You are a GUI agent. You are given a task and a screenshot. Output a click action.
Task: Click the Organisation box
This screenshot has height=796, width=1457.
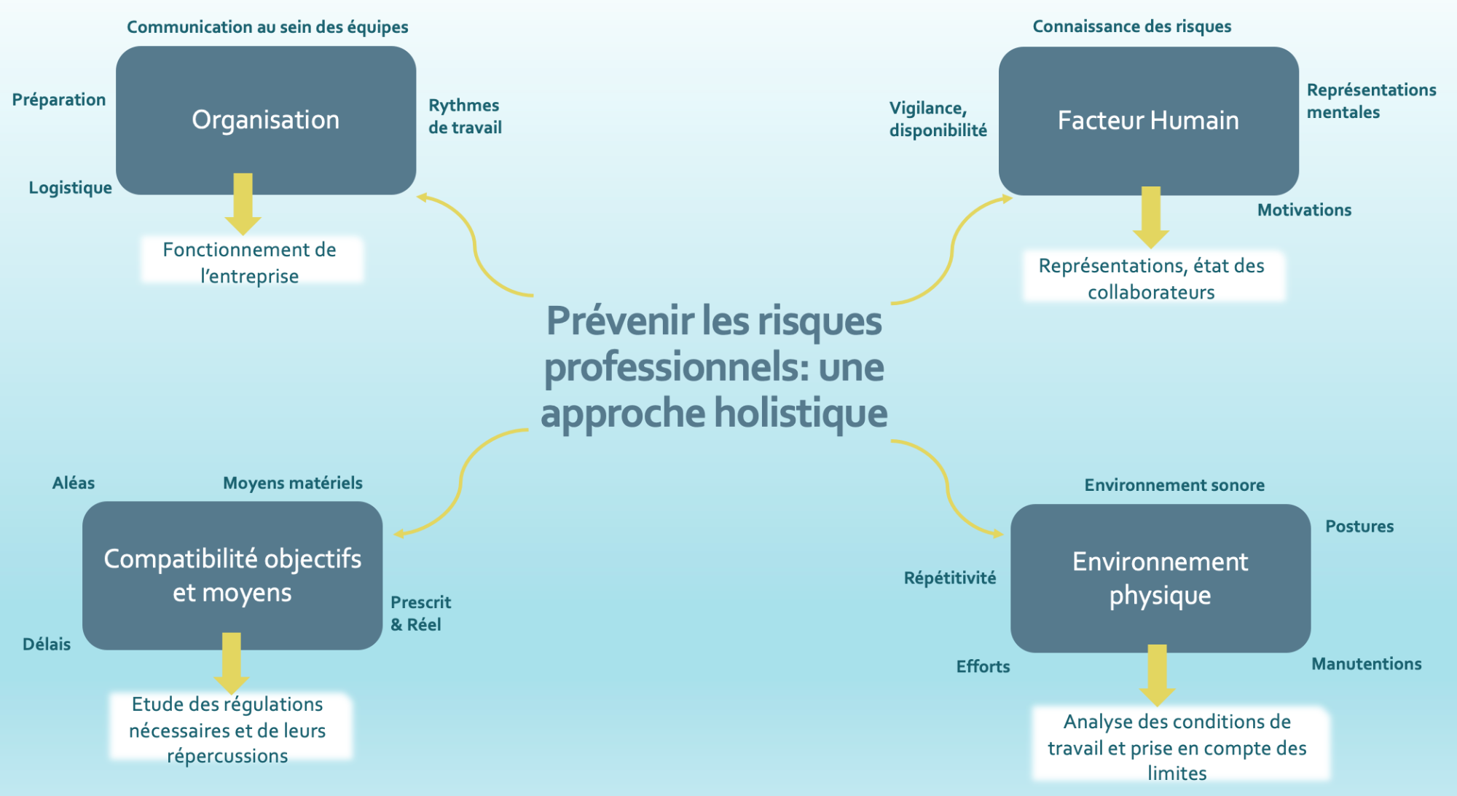[266, 120]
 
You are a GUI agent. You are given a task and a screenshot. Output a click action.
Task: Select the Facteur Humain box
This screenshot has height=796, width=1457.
[1148, 121]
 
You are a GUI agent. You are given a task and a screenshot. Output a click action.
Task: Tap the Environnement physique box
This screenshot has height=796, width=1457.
[1161, 578]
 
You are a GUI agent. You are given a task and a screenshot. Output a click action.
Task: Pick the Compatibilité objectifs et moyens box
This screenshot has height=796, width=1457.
[232, 575]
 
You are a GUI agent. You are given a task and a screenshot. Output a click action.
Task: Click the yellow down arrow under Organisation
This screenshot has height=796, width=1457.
[243, 204]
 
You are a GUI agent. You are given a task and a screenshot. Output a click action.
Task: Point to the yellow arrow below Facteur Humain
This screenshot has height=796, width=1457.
[1151, 218]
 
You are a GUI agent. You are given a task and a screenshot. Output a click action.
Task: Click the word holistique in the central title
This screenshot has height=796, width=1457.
[801, 413]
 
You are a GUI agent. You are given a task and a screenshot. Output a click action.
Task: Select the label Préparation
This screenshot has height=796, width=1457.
[59, 100]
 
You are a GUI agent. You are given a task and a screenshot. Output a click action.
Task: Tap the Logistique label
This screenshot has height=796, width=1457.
[71, 188]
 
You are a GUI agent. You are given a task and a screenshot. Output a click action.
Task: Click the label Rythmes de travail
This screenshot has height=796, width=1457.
[465, 117]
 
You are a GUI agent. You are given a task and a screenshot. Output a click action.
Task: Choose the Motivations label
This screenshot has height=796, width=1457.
[1304, 210]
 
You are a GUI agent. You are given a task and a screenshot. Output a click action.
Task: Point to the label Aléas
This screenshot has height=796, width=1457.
[74, 483]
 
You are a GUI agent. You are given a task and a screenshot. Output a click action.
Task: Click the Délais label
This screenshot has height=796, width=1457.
[47, 644]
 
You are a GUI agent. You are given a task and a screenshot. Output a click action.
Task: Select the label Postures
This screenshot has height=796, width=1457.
[1359, 527]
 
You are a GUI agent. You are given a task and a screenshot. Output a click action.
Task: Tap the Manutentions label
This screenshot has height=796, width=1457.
[1367, 663]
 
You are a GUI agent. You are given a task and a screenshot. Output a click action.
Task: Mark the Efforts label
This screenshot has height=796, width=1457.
[983, 666]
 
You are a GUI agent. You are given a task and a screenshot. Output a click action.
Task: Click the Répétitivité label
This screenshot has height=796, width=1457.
[950, 578]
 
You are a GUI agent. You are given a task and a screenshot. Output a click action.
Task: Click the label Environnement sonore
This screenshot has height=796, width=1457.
[1174, 485]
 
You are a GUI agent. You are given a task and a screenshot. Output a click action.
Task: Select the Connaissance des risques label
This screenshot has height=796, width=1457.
[1132, 26]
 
